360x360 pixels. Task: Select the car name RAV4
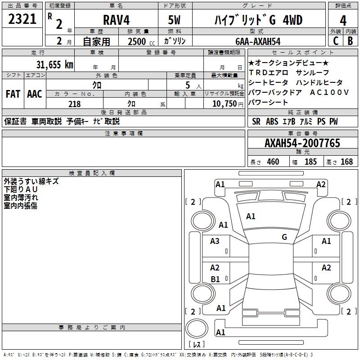116,20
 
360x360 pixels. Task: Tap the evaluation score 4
343,20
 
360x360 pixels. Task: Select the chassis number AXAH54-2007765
302,143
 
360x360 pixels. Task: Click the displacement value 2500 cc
138,41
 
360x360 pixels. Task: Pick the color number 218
75,104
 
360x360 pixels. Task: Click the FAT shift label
13,94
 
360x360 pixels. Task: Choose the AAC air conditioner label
35,94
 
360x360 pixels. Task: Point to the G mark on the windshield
284,237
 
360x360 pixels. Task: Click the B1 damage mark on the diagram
215,279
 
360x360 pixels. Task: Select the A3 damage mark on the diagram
215,241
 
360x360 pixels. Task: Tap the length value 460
273,162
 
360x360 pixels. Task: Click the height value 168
346,162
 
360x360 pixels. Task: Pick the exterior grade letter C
336,41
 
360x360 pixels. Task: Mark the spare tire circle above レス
196,328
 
